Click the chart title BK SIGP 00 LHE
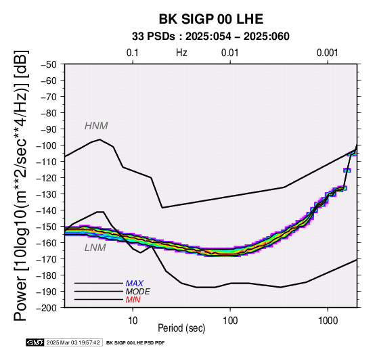[x=211, y=19]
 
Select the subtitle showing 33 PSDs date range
[x=211, y=37]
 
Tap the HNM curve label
[x=96, y=126]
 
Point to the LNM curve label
[x=95, y=248]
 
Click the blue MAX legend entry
[x=135, y=284]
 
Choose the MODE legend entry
[x=138, y=292]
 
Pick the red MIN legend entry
[x=133, y=300]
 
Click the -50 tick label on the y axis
[x=48, y=64]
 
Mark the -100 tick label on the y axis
[x=46, y=145]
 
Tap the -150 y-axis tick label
[x=46, y=227]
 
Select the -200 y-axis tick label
[x=46, y=308]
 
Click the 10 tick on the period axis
[x=133, y=321]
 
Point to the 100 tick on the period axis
[x=230, y=321]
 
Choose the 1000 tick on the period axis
[x=328, y=321]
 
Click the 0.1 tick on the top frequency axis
[x=133, y=53]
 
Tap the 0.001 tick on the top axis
[x=328, y=53]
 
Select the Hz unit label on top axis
[x=181, y=53]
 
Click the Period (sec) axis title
[x=181, y=328]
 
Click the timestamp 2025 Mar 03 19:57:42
[x=73, y=342]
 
